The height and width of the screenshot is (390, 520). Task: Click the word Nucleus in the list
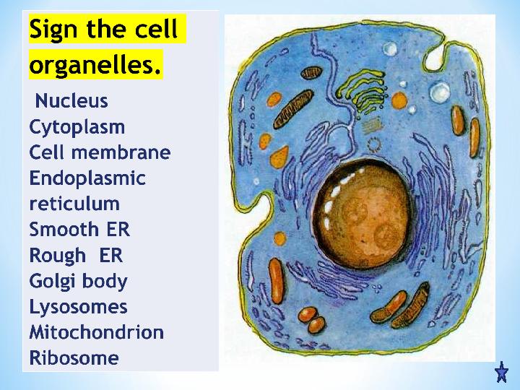[71, 100]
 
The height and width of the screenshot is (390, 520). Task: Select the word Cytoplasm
[77, 128]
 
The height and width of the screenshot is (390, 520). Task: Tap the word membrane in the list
[121, 152]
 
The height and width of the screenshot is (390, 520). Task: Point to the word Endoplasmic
[87, 178]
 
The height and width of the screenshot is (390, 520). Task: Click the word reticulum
[74, 203]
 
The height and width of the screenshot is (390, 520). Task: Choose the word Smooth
[64, 229]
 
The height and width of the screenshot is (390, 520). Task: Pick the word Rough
[57, 256]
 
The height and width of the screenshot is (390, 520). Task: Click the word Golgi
[52, 282]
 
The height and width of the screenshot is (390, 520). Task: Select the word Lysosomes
[78, 307]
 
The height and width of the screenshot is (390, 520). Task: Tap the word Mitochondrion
[97, 332]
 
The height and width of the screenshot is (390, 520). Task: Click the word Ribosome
[74, 357]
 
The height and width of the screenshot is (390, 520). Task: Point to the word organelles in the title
[95, 65]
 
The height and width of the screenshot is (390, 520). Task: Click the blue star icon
[501, 372]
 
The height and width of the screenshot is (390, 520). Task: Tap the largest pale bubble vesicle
[440, 92]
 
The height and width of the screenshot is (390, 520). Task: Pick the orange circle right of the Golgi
[399, 100]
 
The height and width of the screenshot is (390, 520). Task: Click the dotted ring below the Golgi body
[374, 145]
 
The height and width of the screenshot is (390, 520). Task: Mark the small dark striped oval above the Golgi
[312, 73]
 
